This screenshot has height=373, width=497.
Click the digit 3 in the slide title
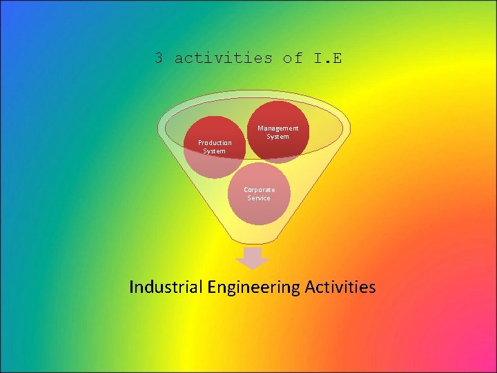(159, 58)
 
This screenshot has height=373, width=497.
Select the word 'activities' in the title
(223, 58)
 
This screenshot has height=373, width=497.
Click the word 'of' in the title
(292, 58)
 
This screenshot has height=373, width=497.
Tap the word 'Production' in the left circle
(215, 143)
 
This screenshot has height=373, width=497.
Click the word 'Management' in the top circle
(278, 128)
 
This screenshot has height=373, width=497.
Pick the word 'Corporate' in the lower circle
(259, 189)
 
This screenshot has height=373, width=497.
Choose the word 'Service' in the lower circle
(259, 198)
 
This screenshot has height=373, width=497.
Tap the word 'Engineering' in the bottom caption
(253, 287)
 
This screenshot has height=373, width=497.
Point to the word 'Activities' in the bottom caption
(340, 286)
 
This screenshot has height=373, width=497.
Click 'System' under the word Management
(278, 136)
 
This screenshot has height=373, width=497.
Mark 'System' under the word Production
(214, 151)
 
